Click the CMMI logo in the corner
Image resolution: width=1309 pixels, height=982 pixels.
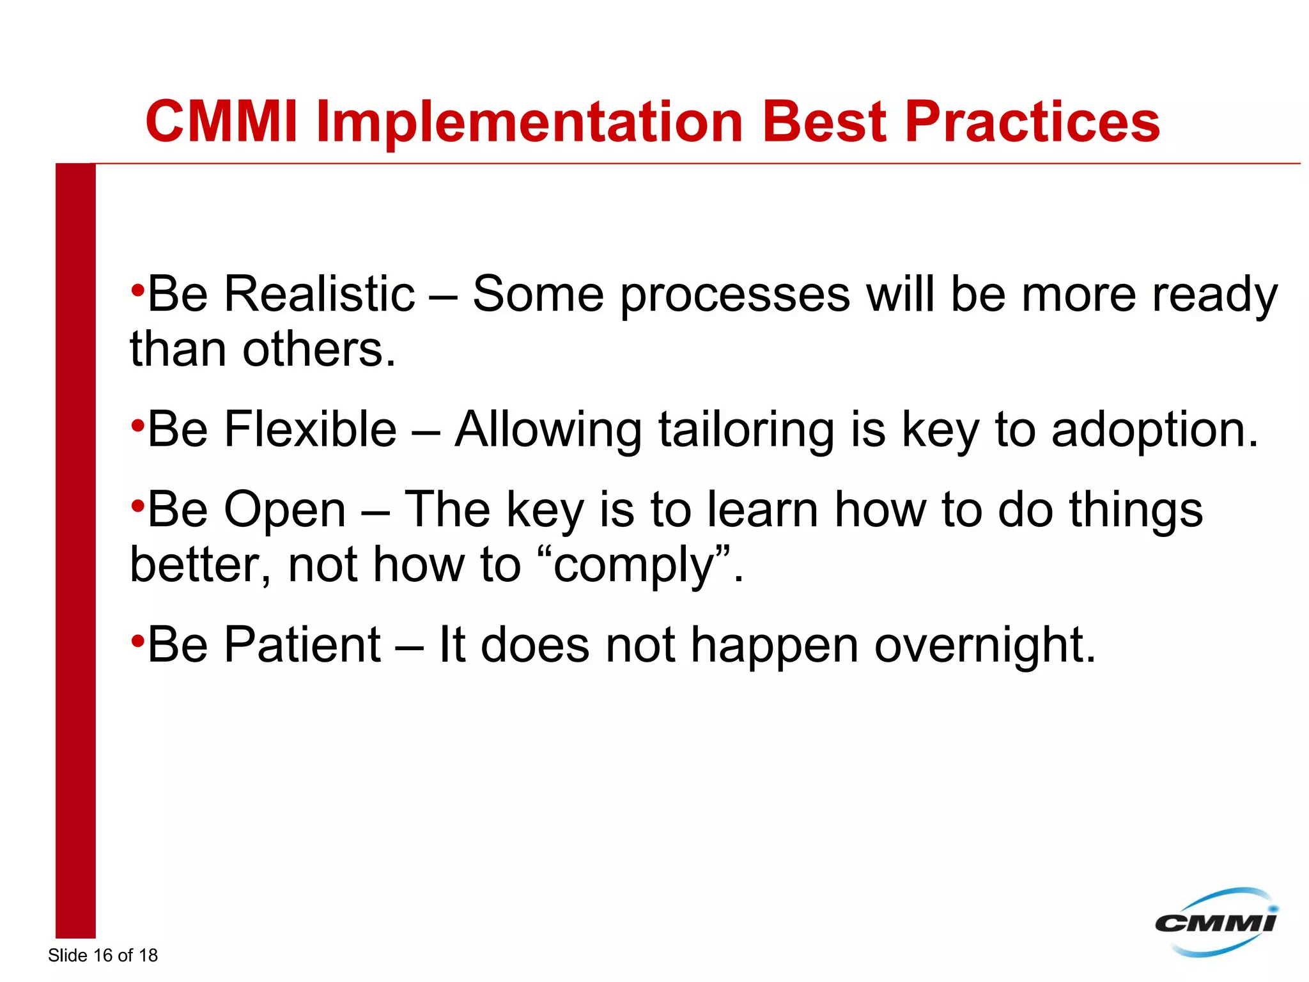click(1216, 923)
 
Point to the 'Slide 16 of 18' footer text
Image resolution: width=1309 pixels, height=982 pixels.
click(102, 955)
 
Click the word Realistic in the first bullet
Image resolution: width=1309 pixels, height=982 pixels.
click(320, 294)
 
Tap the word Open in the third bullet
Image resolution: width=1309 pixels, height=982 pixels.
click(285, 510)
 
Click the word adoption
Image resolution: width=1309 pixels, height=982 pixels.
click(1154, 429)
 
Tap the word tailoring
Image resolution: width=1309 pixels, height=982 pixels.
click(746, 429)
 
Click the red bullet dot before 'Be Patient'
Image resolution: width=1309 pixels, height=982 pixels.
click(137, 640)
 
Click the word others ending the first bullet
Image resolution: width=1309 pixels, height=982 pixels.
click(319, 350)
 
